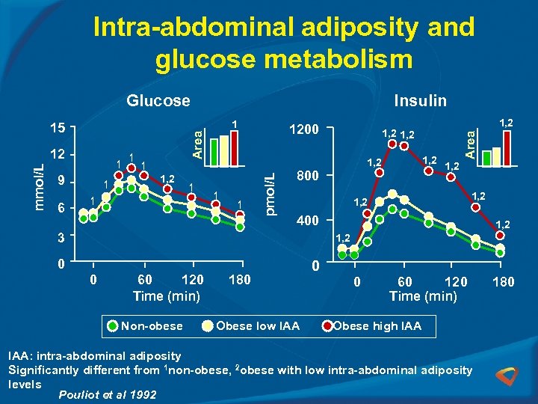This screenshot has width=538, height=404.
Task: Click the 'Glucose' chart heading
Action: [158, 100]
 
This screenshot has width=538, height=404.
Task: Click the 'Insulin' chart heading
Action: [420, 100]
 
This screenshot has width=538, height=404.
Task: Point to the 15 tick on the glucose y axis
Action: [58, 129]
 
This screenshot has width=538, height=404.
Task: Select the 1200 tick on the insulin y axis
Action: [304, 129]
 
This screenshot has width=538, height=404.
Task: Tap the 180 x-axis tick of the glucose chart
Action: [239, 280]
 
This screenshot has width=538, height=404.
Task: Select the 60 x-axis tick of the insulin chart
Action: [405, 282]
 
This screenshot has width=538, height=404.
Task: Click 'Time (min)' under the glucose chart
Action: [166, 296]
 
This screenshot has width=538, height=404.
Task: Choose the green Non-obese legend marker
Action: [112, 325]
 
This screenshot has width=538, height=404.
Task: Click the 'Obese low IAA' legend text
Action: [258, 325]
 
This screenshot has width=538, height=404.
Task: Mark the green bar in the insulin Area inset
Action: [487, 157]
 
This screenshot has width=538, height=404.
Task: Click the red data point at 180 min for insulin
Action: [500, 236]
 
